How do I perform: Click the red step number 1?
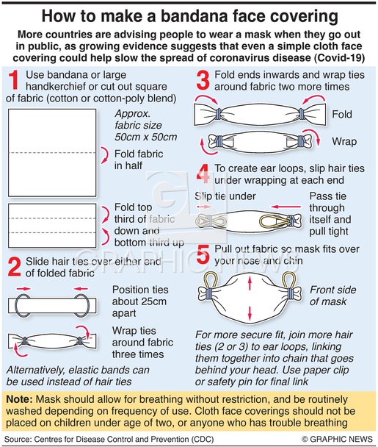tap(13, 80)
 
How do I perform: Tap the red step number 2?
tap(14, 267)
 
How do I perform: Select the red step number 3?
tap(203, 80)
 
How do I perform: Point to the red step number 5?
tap(203, 254)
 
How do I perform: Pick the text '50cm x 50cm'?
tap(146, 137)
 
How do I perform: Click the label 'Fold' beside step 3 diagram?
tap(342, 114)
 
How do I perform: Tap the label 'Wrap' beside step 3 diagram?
tap(344, 141)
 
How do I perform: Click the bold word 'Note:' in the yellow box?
tap(19, 399)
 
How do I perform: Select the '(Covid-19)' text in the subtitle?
tap(339, 57)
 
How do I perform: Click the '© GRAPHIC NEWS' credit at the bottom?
tap(338, 439)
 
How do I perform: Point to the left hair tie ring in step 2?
tap(23, 306)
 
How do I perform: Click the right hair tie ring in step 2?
tap(83, 306)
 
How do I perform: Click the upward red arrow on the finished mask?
tap(250, 283)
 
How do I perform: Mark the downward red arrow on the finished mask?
tap(250, 313)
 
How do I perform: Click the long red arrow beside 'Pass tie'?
tap(286, 207)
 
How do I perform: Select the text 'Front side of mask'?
tap(332, 296)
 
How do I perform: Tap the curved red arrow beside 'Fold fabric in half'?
tap(106, 155)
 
